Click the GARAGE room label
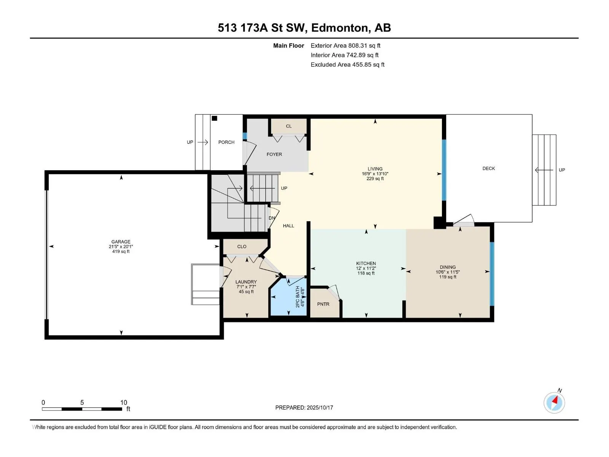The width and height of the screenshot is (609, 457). (x=121, y=242)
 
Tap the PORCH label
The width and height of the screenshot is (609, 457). (x=226, y=142)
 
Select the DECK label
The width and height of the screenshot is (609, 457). (x=488, y=168)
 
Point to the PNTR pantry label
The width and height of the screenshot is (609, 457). (x=323, y=304)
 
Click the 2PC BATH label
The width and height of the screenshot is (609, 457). (x=297, y=297)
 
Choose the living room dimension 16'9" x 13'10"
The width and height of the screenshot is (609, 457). (x=375, y=174)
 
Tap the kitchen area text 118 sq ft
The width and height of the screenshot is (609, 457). (x=366, y=273)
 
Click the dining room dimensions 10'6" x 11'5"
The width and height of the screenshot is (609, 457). (x=447, y=272)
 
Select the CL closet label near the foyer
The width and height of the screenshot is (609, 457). (x=289, y=126)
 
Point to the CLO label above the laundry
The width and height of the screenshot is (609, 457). (x=241, y=246)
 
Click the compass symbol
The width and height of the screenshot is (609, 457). (x=554, y=403)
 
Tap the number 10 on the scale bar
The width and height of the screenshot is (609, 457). (x=123, y=402)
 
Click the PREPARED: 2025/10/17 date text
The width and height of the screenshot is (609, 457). (x=304, y=407)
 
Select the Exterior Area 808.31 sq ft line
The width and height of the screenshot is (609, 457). (x=345, y=45)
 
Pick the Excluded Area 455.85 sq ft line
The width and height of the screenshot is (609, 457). (x=348, y=65)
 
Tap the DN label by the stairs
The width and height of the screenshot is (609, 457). (x=272, y=218)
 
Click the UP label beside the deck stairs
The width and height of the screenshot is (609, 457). (x=561, y=170)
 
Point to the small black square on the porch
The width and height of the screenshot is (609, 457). (x=214, y=118)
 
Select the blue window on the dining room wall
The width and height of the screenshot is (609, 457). (x=492, y=274)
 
